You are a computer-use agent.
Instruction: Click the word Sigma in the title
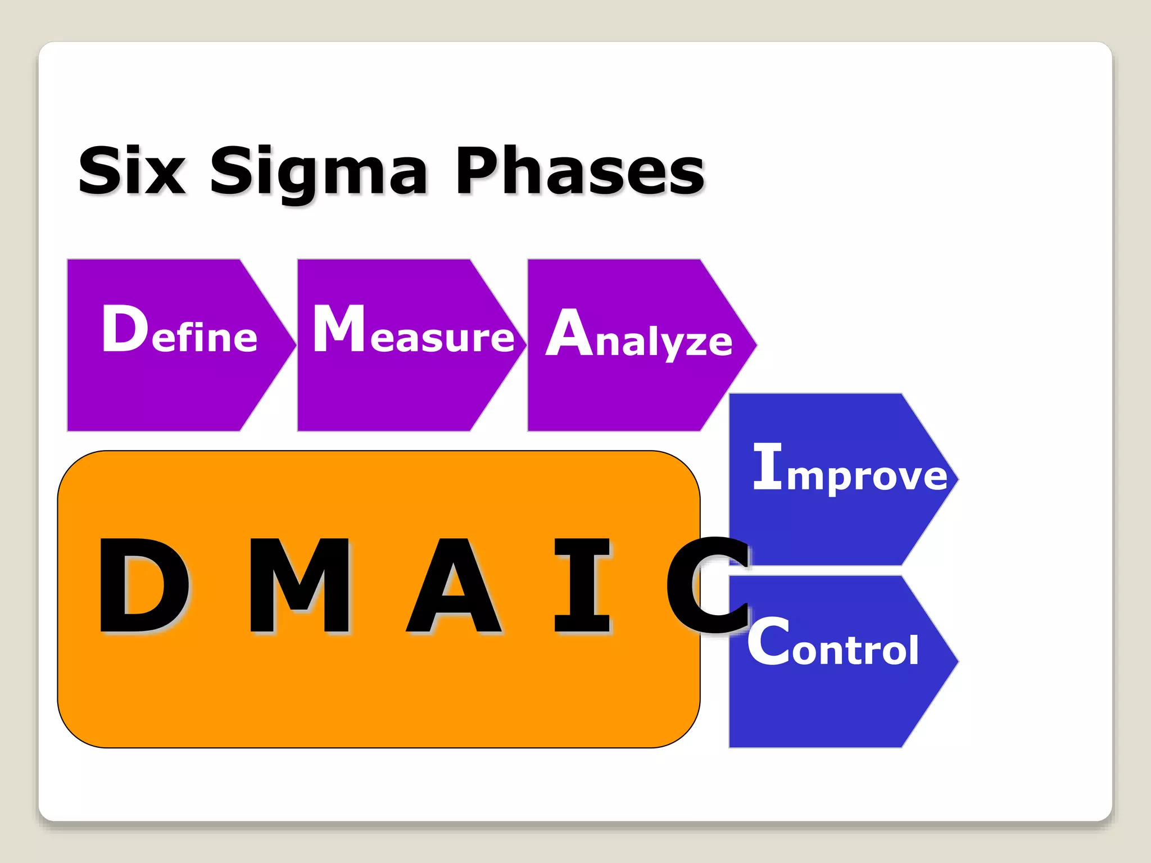pos(318,171)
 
